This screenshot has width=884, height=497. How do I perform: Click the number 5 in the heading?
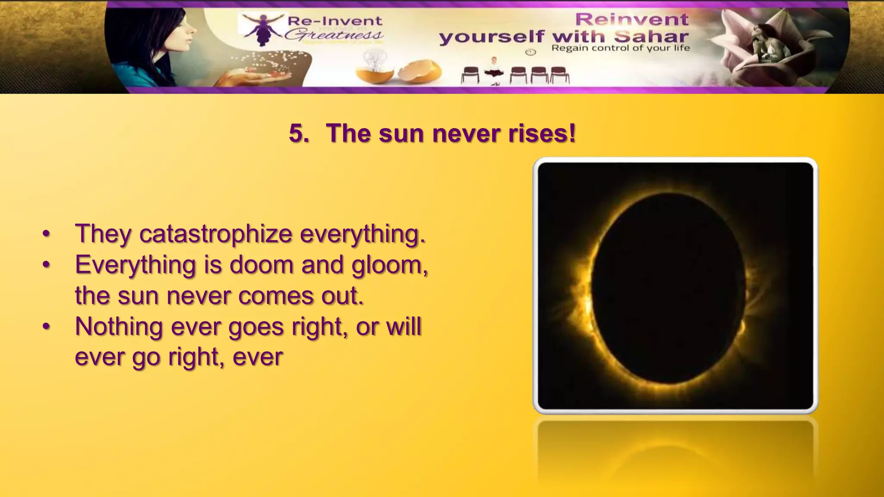click(x=298, y=133)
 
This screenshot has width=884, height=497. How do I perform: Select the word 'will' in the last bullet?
click(x=404, y=327)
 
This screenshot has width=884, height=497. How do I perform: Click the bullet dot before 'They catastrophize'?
click(x=46, y=235)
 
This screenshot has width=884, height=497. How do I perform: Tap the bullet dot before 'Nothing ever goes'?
click(x=46, y=327)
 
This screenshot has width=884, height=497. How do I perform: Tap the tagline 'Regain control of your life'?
click(x=620, y=48)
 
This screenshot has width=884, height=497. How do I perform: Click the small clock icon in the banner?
click(x=530, y=52)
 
